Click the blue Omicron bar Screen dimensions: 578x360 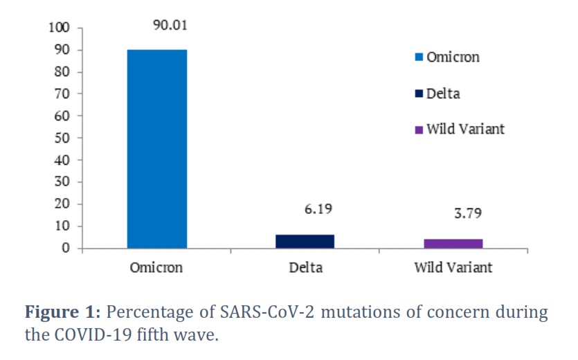[157, 149]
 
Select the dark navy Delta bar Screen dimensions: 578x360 [305, 242]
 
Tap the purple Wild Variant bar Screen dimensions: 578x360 [453, 244]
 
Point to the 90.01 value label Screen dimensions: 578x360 [170, 25]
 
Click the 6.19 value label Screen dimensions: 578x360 [318, 209]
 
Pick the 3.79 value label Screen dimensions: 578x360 [468, 213]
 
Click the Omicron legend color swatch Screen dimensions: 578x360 [419, 57]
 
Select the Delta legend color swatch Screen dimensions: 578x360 [419, 93]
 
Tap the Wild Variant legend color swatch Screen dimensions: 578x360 [419, 130]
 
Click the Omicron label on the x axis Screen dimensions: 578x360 [156, 267]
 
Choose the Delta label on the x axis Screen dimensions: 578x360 [305, 267]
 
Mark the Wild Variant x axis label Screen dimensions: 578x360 [453, 267]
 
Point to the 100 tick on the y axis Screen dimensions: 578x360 [59, 27]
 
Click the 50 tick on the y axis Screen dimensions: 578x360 [62, 138]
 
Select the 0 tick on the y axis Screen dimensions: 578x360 [66, 248]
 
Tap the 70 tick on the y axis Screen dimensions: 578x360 [62, 93]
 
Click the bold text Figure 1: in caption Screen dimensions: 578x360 [63, 312]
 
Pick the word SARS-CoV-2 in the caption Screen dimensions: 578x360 [267, 312]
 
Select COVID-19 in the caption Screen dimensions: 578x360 [93, 335]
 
